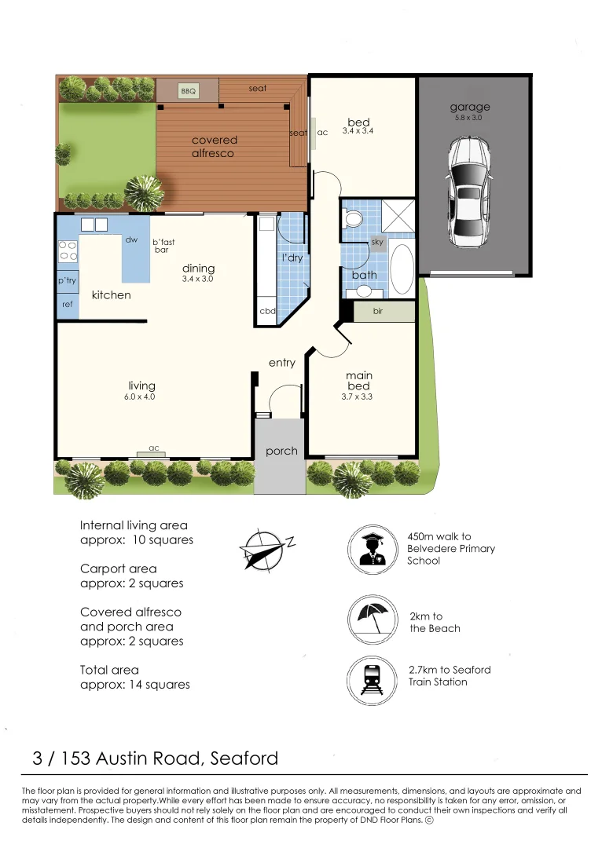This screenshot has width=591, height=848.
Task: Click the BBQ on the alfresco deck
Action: [188, 92]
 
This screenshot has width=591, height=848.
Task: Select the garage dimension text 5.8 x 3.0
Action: [470, 119]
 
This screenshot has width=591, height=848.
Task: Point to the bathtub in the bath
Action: [401, 270]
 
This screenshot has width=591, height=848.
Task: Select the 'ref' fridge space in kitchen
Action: [67, 304]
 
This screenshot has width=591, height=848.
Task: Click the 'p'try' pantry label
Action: [67, 280]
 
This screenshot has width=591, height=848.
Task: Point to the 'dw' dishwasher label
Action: [131, 240]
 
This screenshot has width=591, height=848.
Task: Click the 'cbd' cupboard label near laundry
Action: [267, 311]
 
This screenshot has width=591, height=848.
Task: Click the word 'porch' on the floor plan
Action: [281, 451]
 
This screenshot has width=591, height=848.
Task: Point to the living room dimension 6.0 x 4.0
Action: [140, 397]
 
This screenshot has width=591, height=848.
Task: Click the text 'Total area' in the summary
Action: [109, 670]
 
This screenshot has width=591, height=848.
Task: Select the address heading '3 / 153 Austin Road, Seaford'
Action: [156, 758]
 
